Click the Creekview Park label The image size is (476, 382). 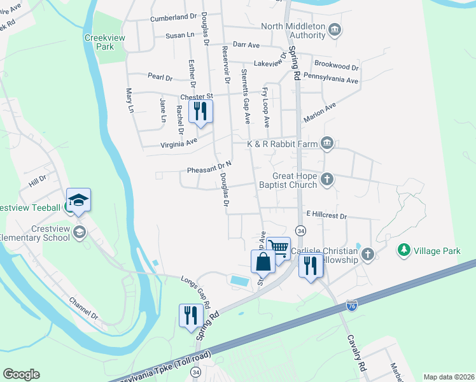tap(99, 42)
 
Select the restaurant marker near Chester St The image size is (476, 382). tap(200, 111)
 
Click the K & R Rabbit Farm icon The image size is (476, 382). tap(327, 143)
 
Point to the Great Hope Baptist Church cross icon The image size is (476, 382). tap(327, 180)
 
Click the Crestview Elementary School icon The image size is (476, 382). tap(79, 230)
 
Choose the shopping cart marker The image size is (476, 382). tap(278, 247)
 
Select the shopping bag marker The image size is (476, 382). tap(263, 261)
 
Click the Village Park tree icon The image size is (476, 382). tap(403, 251)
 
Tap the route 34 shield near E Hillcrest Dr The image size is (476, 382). tap(300, 230)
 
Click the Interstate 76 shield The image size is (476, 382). tap(351, 307)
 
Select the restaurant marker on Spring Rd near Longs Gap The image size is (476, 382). tap(191, 315)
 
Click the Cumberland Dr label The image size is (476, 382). tap(174, 18)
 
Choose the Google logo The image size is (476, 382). tap(21, 374)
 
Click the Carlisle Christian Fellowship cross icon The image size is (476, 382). tap(367, 255)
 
